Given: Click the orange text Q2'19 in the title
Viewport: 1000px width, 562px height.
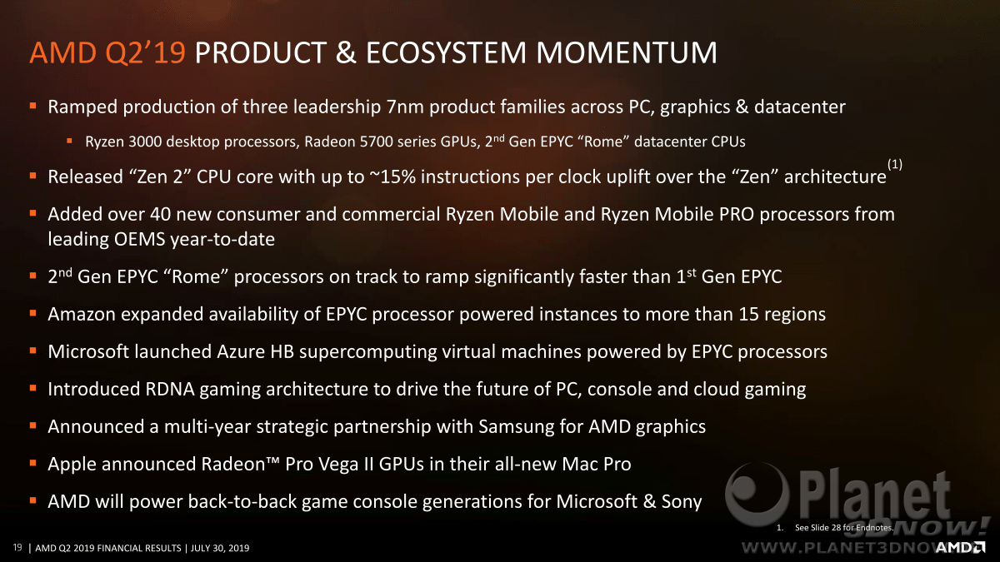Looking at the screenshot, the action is click(145, 53).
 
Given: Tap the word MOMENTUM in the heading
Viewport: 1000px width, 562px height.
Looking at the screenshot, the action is click(627, 52).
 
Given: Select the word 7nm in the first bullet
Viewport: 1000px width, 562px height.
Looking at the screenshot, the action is click(405, 107).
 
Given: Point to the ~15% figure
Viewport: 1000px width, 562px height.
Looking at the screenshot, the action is click(392, 177).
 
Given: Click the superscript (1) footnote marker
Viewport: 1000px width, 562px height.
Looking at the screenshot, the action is click(895, 164).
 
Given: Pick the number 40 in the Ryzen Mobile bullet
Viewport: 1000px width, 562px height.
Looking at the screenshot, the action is click(160, 215).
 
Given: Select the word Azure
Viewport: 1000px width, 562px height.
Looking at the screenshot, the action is click(241, 352).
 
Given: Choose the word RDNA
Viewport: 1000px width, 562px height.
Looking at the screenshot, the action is click(170, 390).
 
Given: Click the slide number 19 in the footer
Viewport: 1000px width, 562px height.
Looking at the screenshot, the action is click(17, 547).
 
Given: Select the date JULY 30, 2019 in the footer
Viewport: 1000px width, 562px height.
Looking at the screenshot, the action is click(220, 548).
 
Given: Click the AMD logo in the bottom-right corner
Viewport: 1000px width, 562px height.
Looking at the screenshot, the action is click(960, 547).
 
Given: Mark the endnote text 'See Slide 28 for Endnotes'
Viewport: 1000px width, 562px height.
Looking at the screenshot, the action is click(843, 528).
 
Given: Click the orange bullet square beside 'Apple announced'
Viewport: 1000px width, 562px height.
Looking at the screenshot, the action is click(32, 464).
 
